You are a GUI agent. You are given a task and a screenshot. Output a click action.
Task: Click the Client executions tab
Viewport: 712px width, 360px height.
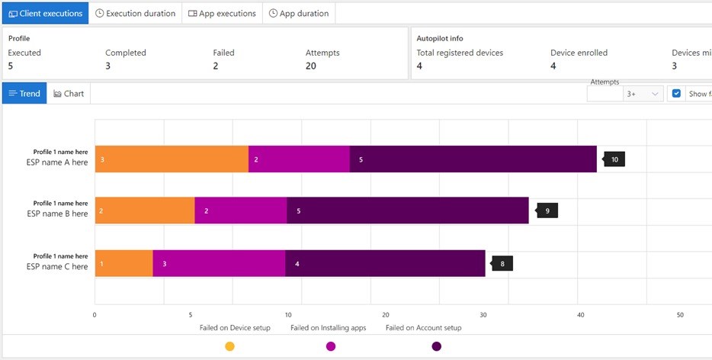(x=45, y=13)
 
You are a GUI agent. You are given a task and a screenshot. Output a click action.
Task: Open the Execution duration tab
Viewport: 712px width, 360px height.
(x=136, y=13)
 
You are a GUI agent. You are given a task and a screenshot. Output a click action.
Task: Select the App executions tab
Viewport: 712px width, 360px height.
(x=222, y=13)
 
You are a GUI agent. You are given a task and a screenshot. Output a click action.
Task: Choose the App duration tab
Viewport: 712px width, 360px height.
(x=299, y=13)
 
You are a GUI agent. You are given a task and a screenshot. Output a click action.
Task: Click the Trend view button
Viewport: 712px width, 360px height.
(x=24, y=93)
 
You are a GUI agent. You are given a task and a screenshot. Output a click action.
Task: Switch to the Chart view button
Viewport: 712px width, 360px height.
(x=69, y=93)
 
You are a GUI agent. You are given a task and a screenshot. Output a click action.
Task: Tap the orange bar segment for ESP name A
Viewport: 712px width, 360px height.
(x=172, y=159)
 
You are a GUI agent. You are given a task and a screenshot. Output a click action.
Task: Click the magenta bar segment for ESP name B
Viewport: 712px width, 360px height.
(x=240, y=210)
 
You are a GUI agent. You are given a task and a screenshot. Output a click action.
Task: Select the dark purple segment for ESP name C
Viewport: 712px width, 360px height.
(x=385, y=264)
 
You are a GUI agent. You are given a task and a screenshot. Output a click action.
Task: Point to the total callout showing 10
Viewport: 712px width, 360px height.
(x=614, y=159)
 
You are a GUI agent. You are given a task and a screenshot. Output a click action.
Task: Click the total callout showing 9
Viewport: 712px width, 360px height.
(x=548, y=210)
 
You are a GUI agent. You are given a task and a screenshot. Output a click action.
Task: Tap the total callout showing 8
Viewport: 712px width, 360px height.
(x=502, y=264)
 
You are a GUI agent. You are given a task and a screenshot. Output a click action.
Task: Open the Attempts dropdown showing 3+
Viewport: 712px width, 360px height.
(x=642, y=94)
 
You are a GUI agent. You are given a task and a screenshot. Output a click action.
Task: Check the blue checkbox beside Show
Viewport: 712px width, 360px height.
(x=677, y=94)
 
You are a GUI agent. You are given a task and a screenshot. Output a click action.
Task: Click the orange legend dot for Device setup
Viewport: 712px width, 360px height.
(x=229, y=346)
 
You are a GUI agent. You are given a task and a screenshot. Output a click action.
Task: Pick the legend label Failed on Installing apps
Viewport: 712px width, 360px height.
(x=328, y=328)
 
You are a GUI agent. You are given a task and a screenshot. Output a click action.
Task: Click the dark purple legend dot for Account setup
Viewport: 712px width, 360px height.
(x=436, y=346)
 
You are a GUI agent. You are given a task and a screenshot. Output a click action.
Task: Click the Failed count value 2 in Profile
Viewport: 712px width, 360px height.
(x=216, y=66)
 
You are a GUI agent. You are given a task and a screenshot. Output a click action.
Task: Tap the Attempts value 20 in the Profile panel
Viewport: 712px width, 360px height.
(x=310, y=66)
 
